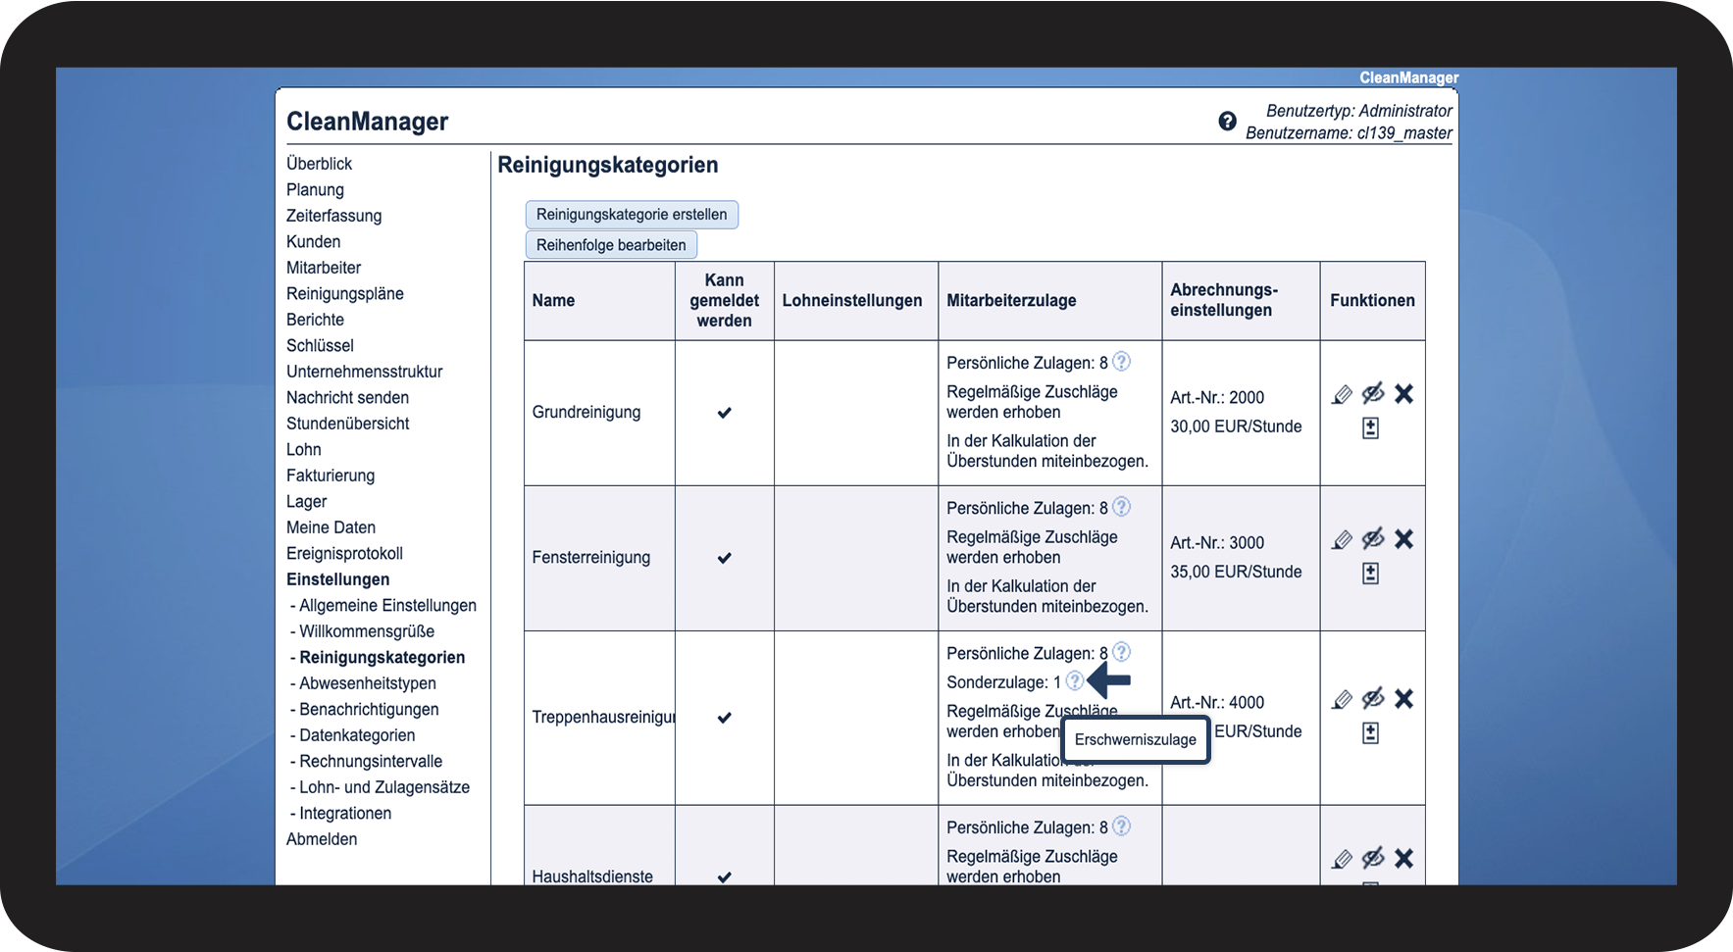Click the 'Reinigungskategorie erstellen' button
coord(632,215)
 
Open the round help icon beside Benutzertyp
coord(1227,122)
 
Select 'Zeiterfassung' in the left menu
coord(333,216)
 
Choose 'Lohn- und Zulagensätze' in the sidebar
coord(383,787)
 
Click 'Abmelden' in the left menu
coord(322,839)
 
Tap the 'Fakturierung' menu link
coord(331,476)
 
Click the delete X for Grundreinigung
coord(1403,394)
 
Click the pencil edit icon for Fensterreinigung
coord(1342,540)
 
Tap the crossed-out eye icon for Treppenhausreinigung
coord(1373,698)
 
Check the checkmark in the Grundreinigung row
coord(724,413)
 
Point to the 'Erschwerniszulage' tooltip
coord(1135,740)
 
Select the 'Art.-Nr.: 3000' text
coord(1217,543)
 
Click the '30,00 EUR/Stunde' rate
coord(1236,426)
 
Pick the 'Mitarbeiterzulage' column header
coord(1011,301)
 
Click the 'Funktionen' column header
coord(1372,301)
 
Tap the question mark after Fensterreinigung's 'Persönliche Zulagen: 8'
coord(1122,507)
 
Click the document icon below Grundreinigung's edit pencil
coord(1370,428)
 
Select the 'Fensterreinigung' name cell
coord(591,558)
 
